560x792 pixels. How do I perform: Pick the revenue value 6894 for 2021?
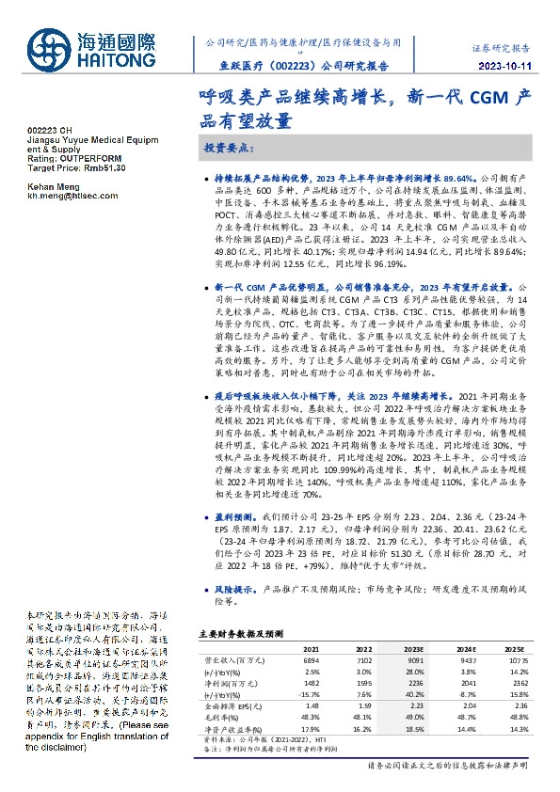311,662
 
